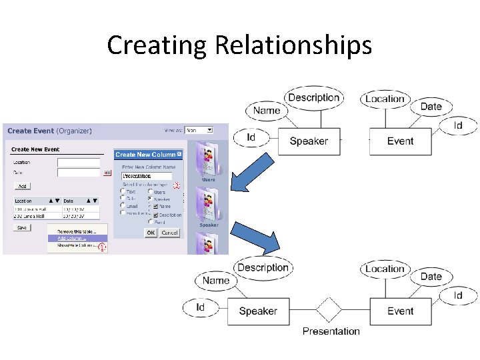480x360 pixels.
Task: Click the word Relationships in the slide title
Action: click(x=293, y=45)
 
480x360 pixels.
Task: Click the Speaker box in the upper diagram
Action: click(x=309, y=141)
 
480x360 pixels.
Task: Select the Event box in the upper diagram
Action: click(x=401, y=141)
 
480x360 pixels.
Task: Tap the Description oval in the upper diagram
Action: click(x=313, y=97)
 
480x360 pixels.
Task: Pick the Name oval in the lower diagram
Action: click(x=216, y=281)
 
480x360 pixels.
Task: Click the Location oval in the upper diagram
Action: click(x=385, y=99)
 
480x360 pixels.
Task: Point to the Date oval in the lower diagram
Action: click(x=431, y=277)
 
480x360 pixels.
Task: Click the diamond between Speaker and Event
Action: click(x=329, y=311)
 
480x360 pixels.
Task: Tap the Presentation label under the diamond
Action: click(x=331, y=331)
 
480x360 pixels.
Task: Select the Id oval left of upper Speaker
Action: click(x=251, y=137)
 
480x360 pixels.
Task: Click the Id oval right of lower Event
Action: click(x=458, y=295)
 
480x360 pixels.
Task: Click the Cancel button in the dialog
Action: click(x=169, y=233)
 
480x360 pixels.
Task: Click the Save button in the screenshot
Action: click(x=22, y=227)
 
